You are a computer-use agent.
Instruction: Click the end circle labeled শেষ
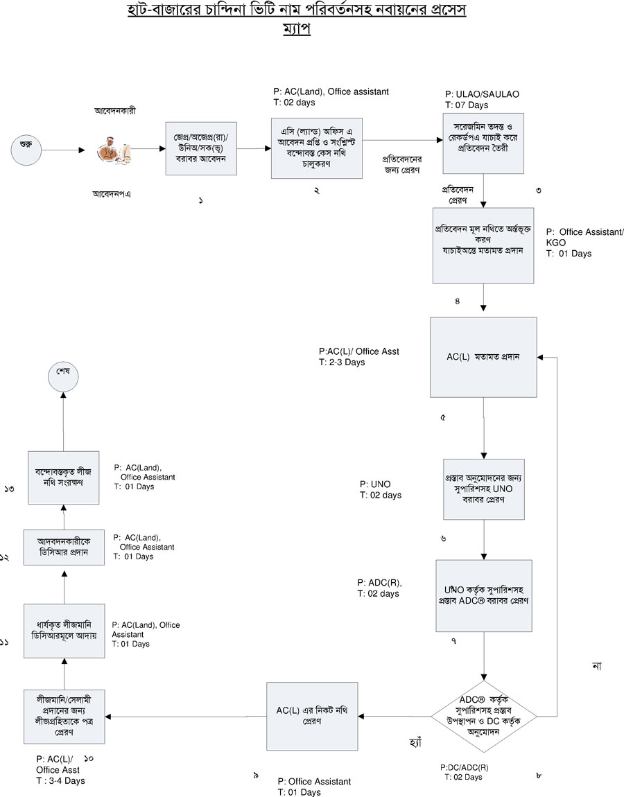(63, 375)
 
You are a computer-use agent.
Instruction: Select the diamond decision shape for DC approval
(484, 715)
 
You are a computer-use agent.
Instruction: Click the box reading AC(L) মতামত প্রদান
(483, 357)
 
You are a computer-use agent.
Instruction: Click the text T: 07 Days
(467, 105)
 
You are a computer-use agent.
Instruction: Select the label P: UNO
(374, 484)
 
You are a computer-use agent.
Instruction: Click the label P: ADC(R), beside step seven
(380, 582)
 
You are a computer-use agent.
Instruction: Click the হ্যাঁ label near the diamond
(416, 742)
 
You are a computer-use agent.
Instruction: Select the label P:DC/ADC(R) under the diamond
(465, 767)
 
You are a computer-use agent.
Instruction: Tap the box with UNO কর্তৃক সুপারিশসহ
(484, 595)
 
